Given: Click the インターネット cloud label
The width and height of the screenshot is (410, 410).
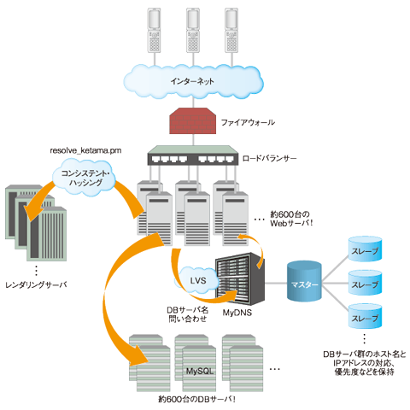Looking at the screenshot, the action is point(192,81).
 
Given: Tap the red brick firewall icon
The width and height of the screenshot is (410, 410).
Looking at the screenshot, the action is point(193,120).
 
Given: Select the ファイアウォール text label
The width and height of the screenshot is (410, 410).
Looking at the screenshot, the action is point(248,122).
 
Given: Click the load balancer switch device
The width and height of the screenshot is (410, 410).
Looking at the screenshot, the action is point(193,155).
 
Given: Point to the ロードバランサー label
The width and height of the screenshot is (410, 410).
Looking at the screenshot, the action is point(269,158).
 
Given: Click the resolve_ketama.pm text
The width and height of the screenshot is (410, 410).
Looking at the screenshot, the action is point(85,150).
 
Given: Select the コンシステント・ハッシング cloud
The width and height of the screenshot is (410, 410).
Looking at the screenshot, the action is point(84,178).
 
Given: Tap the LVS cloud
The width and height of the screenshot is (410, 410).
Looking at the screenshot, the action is point(197,281).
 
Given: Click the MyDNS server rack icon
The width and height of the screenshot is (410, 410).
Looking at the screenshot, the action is point(240,278).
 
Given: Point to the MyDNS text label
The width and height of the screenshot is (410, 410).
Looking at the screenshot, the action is point(237,313).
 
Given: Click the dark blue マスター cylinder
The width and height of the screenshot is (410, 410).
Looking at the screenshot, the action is point(304,281).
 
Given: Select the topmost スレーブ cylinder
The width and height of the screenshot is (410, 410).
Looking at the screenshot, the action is point(365,249).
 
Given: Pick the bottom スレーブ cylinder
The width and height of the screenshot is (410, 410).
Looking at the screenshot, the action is point(365,316).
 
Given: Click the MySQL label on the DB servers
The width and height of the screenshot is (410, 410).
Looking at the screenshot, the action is point(200,372).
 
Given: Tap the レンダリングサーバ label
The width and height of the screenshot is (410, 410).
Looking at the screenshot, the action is point(36,284).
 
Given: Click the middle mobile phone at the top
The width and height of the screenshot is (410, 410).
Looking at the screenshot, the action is point(193,31).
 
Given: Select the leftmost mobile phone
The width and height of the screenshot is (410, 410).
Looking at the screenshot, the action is point(154,31).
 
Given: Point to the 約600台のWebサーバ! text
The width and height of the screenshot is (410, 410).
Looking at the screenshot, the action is point(291,219).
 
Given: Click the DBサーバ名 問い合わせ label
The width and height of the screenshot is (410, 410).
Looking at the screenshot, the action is point(188,314).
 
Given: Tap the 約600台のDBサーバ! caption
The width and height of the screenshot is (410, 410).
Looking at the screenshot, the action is point(196,399).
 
